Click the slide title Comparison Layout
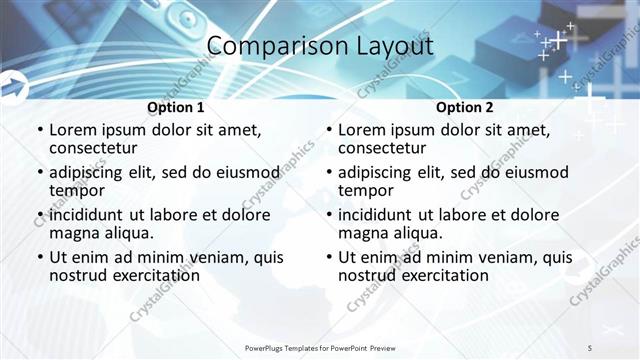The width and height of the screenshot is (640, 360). click(319, 46)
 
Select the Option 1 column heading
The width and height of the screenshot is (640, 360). click(176, 107)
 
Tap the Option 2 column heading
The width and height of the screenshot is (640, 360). click(465, 107)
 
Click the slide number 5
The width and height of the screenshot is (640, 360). click(590, 347)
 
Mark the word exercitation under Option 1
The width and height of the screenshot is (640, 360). click(152, 275)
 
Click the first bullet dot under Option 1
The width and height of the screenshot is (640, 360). click(40, 130)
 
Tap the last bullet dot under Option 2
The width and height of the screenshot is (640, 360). click(329, 257)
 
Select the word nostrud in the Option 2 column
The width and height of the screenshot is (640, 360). click(370, 275)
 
